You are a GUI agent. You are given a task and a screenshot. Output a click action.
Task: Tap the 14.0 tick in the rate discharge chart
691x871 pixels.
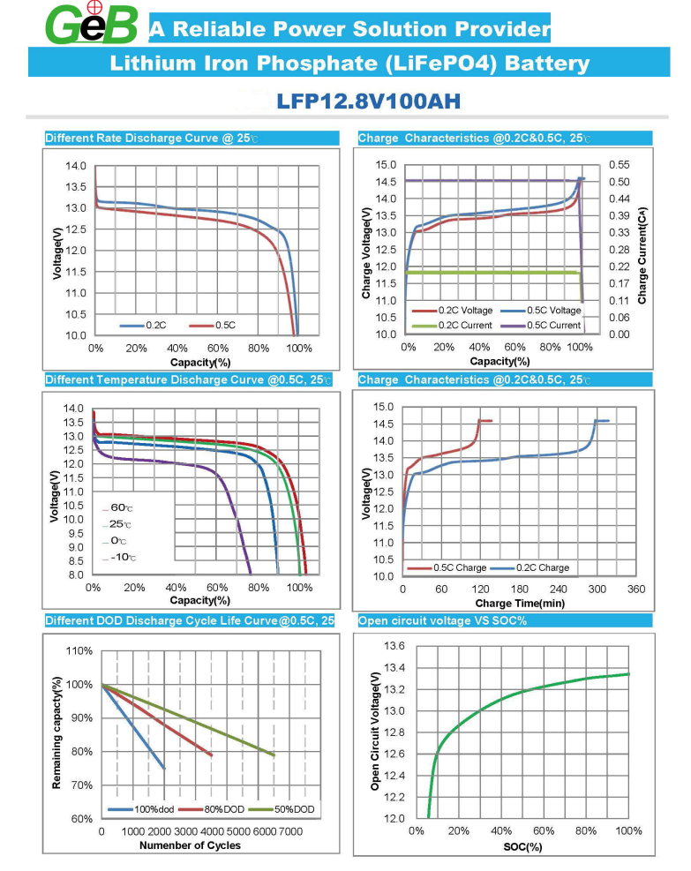tap(76, 166)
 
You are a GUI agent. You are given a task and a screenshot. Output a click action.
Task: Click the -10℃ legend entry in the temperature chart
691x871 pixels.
tap(122, 558)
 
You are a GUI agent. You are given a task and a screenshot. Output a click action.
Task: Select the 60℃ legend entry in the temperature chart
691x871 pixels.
tap(122, 507)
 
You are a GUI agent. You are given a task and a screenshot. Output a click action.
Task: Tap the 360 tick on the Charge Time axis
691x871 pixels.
tap(636, 589)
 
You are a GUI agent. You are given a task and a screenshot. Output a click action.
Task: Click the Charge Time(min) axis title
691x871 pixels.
tap(520, 604)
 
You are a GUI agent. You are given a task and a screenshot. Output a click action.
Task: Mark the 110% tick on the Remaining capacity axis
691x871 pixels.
tap(79, 651)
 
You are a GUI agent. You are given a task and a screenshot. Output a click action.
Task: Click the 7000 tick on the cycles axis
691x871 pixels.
tap(289, 832)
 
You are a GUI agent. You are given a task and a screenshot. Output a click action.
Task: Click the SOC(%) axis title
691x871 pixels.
tap(522, 846)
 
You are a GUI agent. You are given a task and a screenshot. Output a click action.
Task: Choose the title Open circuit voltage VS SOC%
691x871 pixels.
tap(441, 620)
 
